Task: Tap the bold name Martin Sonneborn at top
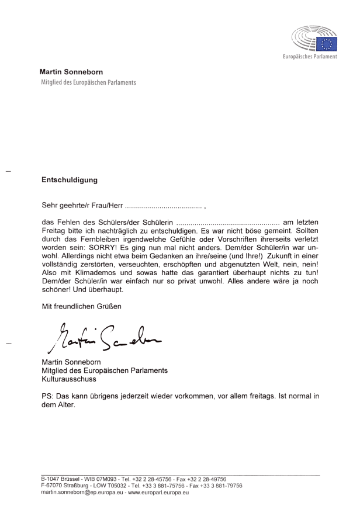[x=71, y=72]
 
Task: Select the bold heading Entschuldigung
[x=69, y=180]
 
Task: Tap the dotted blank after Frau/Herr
[x=163, y=206]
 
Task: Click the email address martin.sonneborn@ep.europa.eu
[x=80, y=493]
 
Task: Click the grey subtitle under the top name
[x=88, y=83]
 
